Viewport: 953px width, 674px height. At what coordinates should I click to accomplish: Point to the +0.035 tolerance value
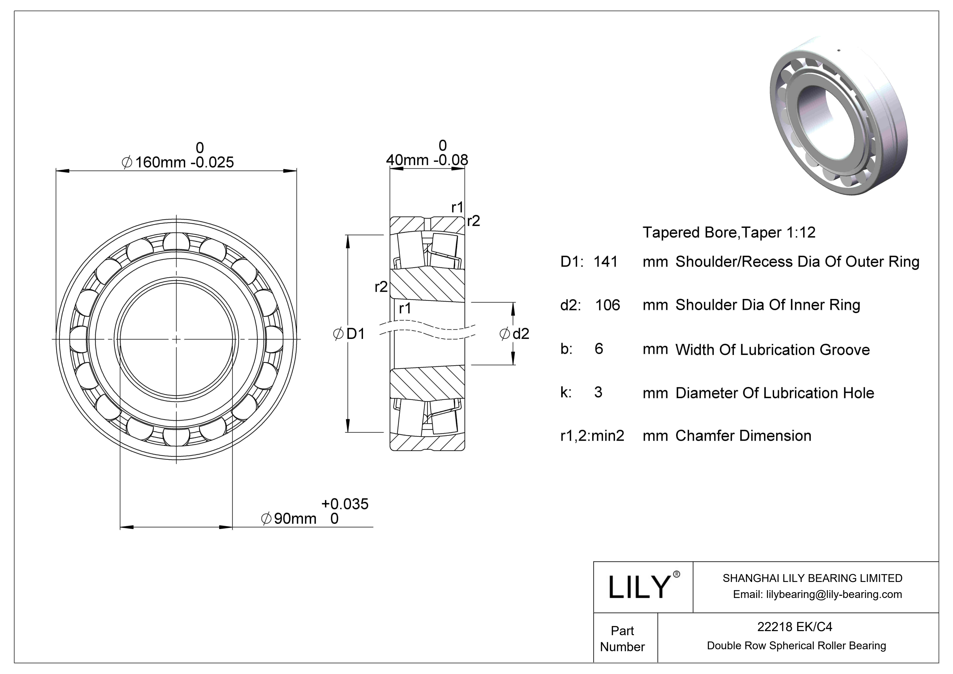pos(345,504)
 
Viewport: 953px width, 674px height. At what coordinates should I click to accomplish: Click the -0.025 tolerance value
pos(212,162)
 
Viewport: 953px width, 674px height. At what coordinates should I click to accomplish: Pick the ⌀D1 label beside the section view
pos(349,334)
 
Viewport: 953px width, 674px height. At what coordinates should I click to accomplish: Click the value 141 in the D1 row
pos(605,262)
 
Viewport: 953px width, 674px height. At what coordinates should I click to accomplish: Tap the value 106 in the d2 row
pos(607,305)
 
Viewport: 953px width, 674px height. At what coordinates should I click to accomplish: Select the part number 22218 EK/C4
pos(794,627)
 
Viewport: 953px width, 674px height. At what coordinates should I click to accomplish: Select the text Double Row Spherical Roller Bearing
pos(796,646)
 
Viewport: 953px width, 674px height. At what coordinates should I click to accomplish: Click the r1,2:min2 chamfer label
pos(592,436)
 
